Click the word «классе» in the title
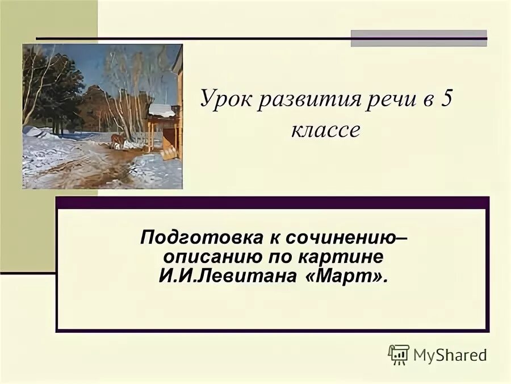326,130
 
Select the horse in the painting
118,141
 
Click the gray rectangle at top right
418,38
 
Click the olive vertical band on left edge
11,170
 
